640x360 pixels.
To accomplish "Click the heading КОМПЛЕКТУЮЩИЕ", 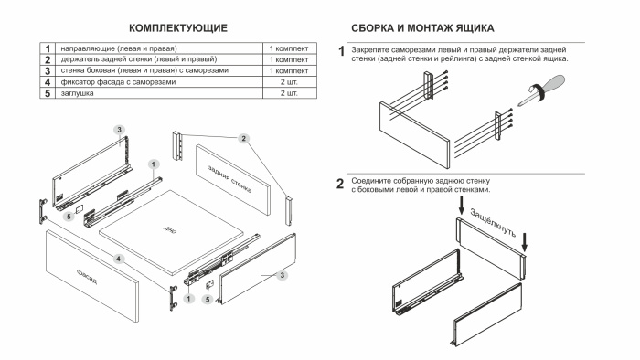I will coord(178,30).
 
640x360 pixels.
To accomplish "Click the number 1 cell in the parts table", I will coord(43,47).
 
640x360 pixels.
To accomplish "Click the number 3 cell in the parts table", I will coord(43,70).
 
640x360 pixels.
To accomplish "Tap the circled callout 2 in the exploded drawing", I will coord(243,138).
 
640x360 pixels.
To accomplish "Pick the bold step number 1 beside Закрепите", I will coord(342,51).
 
